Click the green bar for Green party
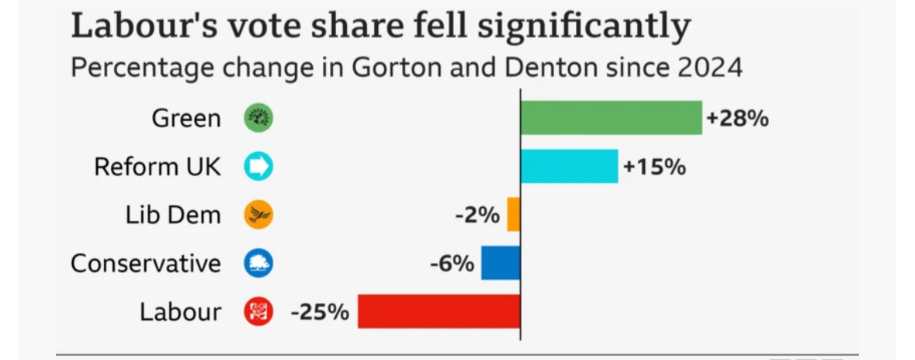pyautogui.click(x=611, y=118)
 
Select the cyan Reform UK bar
pyautogui.click(x=569, y=166)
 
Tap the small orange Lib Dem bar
pyautogui.click(x=513, y=214)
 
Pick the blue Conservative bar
pyautogui.click(x=501, y=263)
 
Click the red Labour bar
pyautogui.click(x=438, y=311)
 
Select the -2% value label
pyautogui.click(x=477, y=215)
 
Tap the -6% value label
pyautogui.click(x=452, y=264)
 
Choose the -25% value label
pyautogui.click(x=320, y=312)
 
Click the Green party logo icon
pyautogui.click(x=258, y=119)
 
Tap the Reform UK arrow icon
pyautogui.click(x=258, y=167)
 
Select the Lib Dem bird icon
pyautogui.click(x=258, y=215)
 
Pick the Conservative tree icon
pyautogui.click(x=258, y=264)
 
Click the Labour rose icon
pyautogui.click(x=258, y=312)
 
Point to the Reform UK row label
pyautogui.click(x=158, y=167)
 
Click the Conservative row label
pyautogui.click(x=146, y=264)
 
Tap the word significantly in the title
pyautogui.click(x=583, y=28)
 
